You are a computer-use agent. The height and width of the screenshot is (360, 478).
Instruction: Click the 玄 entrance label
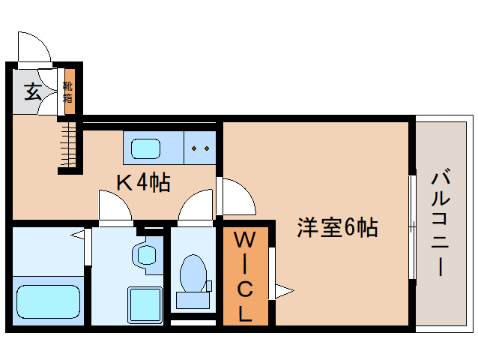[32, 93]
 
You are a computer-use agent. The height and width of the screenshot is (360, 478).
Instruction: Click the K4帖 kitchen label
[142, 182]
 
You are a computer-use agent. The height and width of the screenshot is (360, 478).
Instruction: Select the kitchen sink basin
[146, 148]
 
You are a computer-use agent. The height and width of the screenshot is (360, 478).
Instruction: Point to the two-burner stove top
[201, 148]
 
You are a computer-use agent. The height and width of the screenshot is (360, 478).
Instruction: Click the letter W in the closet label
[245, 241]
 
